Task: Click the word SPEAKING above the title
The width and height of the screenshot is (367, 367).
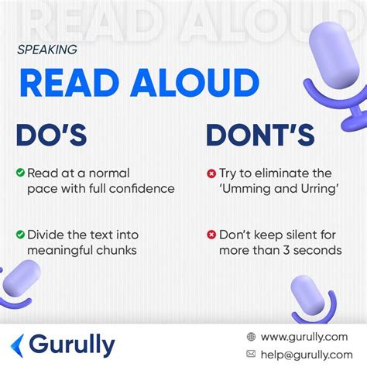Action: coord(47,50)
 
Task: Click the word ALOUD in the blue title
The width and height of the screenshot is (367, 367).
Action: coord(195,83)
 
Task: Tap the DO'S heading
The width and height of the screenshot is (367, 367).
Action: coord(51,135)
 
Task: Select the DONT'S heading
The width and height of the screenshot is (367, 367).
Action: coord(260,135)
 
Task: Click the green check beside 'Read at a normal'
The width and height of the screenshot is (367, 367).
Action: coord(20,173)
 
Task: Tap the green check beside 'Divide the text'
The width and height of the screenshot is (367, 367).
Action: coord(20,235)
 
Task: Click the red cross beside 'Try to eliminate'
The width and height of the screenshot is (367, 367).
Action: coord(211,173)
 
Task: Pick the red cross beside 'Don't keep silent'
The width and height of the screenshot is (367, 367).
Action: coord(211,235)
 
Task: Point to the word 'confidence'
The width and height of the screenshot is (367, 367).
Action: coord(142,189)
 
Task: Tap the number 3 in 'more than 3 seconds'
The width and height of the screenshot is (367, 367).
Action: coord(286,251)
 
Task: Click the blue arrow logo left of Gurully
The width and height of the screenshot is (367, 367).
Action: coord(17,346)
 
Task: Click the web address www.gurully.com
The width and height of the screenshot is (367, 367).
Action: coord(304,337)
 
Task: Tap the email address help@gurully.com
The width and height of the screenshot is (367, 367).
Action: coord(307,355)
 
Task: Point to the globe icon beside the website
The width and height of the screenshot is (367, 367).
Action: coord(251,337)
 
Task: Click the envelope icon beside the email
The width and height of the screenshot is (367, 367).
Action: coord(251,354)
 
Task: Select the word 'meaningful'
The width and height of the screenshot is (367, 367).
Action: coord(60,251)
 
